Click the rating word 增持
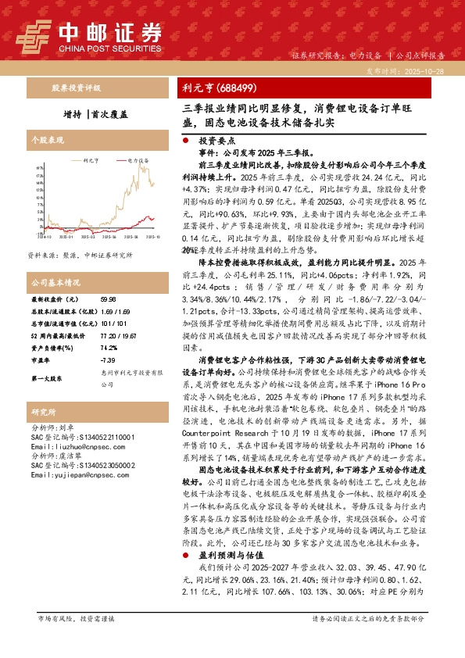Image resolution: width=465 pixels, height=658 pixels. point(74,112)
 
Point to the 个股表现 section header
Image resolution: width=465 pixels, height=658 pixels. point(46,138)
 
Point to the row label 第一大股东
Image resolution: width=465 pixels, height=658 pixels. point(48,377)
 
